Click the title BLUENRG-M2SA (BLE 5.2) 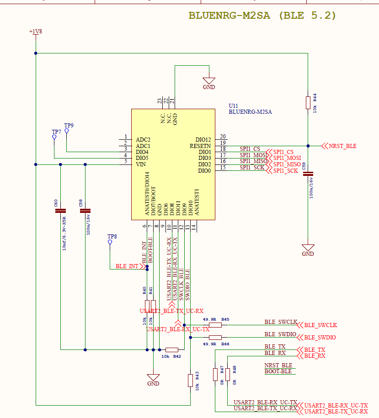tap(262, 16)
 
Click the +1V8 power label tap(35, 32)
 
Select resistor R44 tap(308, 103)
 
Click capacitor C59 tap(308, 174)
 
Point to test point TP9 tap(67, 131)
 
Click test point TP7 tap(54, 137)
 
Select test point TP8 tap(110, 242)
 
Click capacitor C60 tap(60, 211)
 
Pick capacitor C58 tap(85, 211)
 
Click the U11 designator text tap(233, 106)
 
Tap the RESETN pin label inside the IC tap(200, 146)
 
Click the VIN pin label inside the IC tap(141, 164)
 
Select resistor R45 tap(215, 325)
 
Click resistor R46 tap(215, 337)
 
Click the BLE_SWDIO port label tap(320, 338)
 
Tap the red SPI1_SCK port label tap(286, 170)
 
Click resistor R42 tap(172, 350)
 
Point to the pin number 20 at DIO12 tap(223, 136)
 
